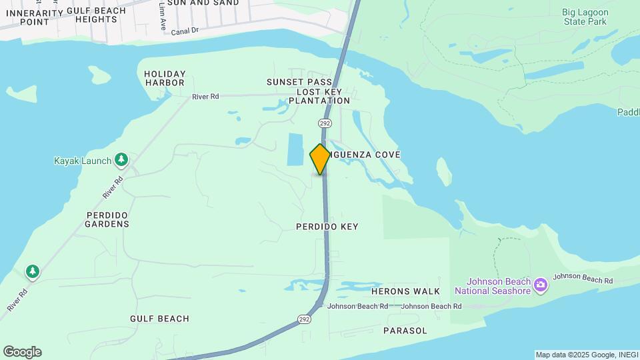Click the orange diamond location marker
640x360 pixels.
[x=320, y=159]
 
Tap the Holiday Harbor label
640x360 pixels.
[x=164, y=78]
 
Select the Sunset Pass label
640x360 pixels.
[x=289, y=82]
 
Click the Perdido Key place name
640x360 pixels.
[x=327, y=227]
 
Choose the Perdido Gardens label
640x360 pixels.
[x=107, y=219]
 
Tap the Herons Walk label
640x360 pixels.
[x=405, y=291]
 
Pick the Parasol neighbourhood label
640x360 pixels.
[x=405, y=331]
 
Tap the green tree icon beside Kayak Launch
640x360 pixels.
[x=121, y=159]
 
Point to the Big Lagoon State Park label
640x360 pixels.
[x=583, y=16]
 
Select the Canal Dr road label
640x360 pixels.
[x=185, y=31]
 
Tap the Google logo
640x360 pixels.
[x=22, y=352]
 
